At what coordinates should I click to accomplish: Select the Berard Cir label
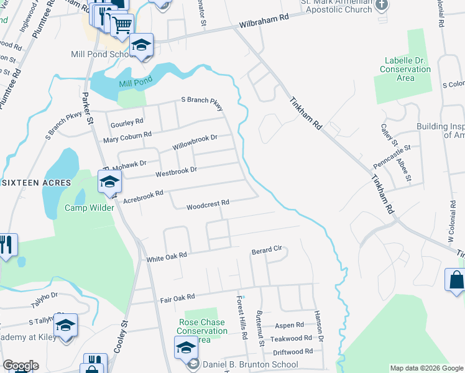(267, 251)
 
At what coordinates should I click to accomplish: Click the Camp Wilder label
(90, 208)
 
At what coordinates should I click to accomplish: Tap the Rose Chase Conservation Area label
(203, 331)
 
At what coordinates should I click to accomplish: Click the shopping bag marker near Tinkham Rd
(456, 280)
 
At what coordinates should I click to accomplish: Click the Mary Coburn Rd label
(127, 135)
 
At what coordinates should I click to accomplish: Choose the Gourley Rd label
(127, 122)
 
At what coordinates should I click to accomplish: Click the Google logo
(21, 366)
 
